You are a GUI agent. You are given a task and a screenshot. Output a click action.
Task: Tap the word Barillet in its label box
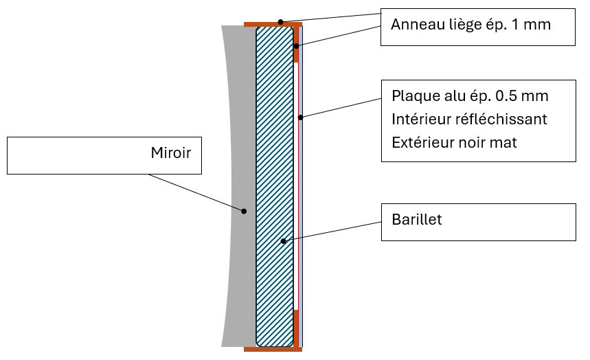point(417,220)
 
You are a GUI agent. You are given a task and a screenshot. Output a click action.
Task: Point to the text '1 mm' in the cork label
point(534,25)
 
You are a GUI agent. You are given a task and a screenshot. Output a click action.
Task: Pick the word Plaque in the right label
point(414,95)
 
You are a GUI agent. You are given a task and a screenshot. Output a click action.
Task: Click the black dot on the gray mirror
point(243,211)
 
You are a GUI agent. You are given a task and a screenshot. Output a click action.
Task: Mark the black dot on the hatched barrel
point(283,241)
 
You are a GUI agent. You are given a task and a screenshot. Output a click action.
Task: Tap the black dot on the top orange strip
point(280,22)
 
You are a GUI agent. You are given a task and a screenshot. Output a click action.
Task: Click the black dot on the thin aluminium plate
point(300,117)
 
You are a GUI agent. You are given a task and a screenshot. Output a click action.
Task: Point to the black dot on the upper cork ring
point(296,46)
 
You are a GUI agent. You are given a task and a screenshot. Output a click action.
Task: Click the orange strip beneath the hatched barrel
point(273,349)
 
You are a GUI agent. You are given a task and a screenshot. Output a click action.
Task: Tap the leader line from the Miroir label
point(196,192)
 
